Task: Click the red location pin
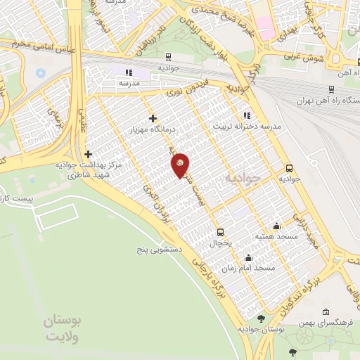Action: (x=181, y=165)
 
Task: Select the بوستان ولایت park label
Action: (x=63, y=328)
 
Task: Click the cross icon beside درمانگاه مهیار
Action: (x=153, y=118)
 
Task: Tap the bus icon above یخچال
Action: (x=220, y=232)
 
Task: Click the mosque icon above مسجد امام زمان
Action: (x=248, y=258)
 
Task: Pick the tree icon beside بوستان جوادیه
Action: (x=262, y=319)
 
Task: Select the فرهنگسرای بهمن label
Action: (x=321, y=323)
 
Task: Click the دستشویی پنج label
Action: (x=161, y=249)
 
